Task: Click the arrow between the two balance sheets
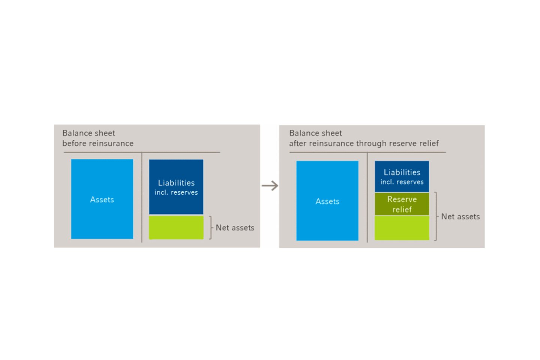[270, 186]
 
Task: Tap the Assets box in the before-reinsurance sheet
[102, 199]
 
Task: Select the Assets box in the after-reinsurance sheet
[327, 201]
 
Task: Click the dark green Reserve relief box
[402, 204]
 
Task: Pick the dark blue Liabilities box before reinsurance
[176, 187]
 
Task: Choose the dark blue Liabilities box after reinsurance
[402, 177]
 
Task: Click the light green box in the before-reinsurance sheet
[176, 227]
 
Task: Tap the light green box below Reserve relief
[402, 228]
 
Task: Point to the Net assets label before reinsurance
[235, 228]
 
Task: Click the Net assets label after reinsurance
[460, 216]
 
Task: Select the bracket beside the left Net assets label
[211, 228]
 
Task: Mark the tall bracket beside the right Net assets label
[436, 216]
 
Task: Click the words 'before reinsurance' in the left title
[98, 144]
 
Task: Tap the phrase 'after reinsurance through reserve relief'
[364, 144]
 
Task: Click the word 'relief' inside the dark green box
[402, 209]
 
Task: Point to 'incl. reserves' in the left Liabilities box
[176, 192]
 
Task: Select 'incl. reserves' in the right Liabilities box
[402, 182]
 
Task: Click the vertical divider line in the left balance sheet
[142, 197]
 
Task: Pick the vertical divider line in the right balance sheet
[367, 197]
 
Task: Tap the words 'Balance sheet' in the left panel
[89, 133]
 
